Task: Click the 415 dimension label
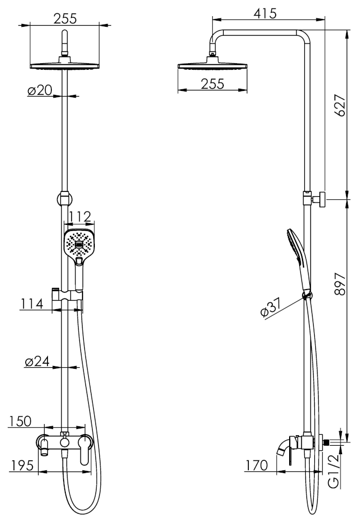point(265,13)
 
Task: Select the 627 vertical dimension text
point(340,105)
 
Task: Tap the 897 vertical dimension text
point(340,284)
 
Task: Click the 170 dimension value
point(257,465)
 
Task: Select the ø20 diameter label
point(40,90)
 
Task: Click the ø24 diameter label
point(37,362)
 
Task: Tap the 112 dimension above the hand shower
point(80,217)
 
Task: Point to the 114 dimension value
point(32,304)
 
